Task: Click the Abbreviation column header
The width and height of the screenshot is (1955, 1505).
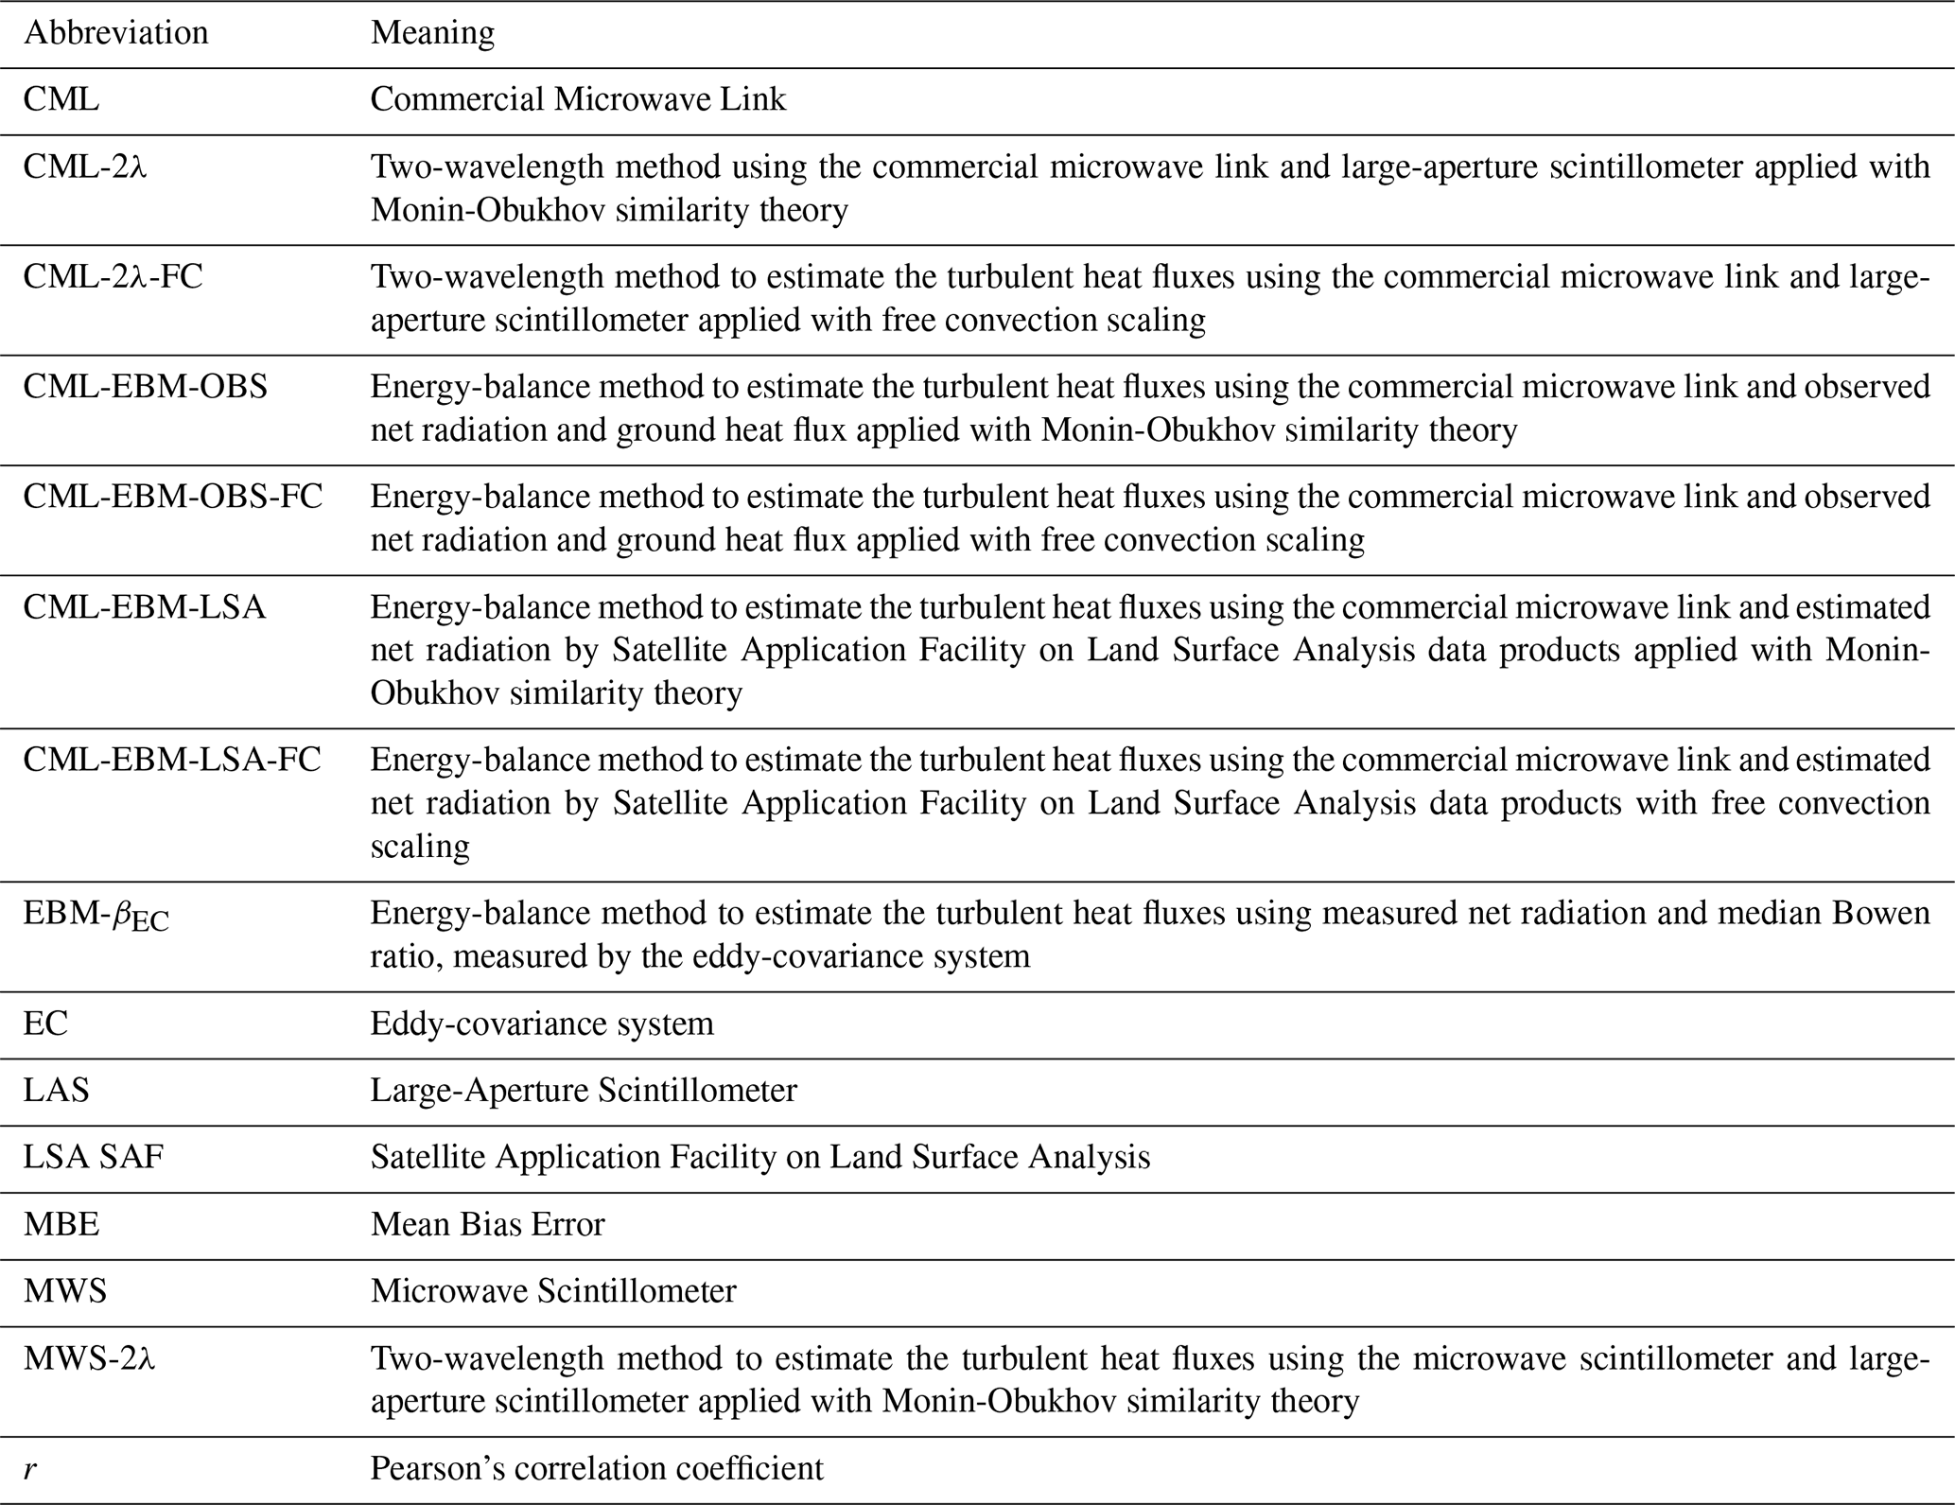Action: click(x=115, y=33)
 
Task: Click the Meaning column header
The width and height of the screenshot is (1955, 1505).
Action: click(x=432, y=33)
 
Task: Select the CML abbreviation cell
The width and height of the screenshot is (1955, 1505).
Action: click(x=61, y=99)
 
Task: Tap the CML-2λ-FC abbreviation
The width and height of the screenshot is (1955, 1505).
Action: click(x=113, y=277)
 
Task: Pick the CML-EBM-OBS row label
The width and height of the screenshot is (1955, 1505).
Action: click(x=145, y=387)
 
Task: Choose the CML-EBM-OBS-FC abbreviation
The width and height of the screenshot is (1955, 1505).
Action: click(x=172, y=497)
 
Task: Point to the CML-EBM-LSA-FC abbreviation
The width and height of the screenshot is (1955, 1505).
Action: click(x=171, y=760)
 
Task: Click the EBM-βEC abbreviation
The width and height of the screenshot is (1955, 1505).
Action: click(x=96, y=915)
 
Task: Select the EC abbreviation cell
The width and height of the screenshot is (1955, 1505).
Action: click(x=45, y=1024)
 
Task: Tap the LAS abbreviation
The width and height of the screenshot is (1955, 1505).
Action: click(x=56, y=1091)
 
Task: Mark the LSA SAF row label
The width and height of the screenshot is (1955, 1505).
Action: click(x=93, y=1158)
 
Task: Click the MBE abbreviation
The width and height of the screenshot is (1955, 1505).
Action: click(x=61, y=1225)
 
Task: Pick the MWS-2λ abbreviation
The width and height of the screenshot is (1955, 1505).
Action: click(x=89, y=1359)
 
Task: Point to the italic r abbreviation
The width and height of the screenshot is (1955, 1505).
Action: click(x=30, y=1469)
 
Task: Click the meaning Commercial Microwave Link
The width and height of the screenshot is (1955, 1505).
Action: click(x=578, y=99)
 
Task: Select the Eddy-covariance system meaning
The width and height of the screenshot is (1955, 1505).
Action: click(x=541, y=1024)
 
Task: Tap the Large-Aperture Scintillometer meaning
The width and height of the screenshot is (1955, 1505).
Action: click(x=583, y=1091)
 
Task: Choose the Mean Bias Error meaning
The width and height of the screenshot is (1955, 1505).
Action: click(x=487, y=1225)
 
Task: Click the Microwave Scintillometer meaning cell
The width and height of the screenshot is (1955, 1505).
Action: click(x=552, y=1291)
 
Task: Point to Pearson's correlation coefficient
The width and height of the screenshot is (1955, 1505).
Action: click(x=596, y=1469)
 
